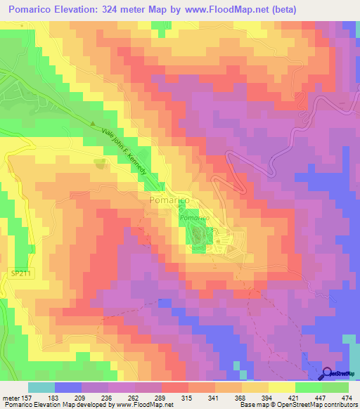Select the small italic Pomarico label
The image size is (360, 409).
193,218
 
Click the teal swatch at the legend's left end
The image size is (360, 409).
41,387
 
